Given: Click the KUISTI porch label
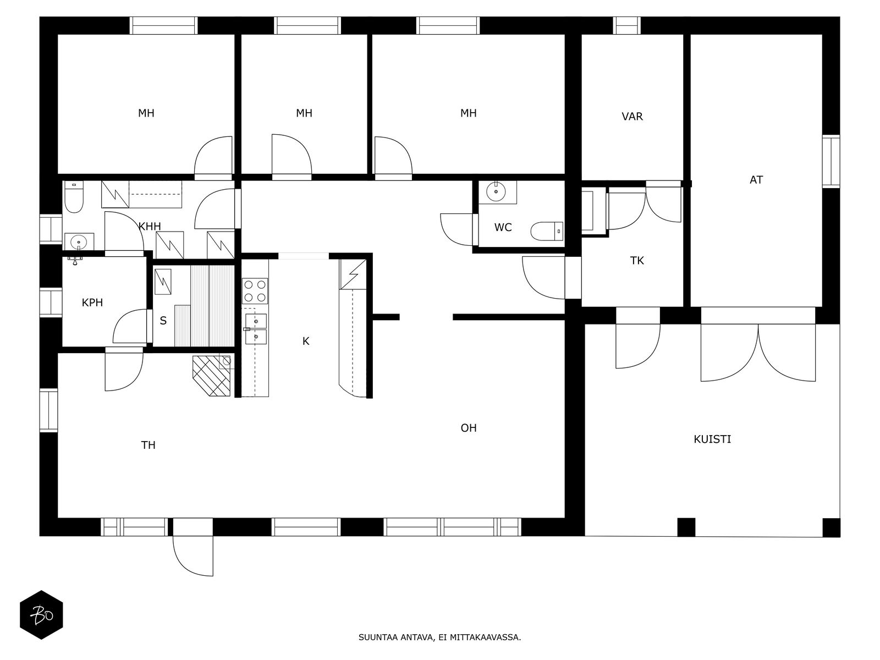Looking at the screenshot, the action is pos(712,439).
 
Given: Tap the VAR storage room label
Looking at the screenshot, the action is pos(632,117).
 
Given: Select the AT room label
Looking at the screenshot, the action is pos(756,180).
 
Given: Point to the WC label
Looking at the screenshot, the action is pos(503,228).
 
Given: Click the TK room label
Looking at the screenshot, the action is pos(637,261).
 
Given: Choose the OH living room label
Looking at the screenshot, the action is pos(469,428).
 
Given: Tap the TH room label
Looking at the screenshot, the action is pos(148,445).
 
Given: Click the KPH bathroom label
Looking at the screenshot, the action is pos(92,303).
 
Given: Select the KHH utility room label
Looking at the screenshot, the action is pos(150,227).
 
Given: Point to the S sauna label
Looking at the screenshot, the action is pos(163,321).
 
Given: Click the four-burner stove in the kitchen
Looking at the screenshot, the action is pos(255,291).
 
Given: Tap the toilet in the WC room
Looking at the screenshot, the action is pos(547,231).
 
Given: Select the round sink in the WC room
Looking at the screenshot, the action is pos(496,192).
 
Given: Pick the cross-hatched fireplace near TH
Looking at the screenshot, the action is pos(212,376).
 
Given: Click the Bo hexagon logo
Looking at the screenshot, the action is pos(41,615).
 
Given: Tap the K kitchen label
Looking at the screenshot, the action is pos(306,342).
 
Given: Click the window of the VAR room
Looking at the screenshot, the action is pos(626,26).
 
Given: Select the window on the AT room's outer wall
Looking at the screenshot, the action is pos(831,162).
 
